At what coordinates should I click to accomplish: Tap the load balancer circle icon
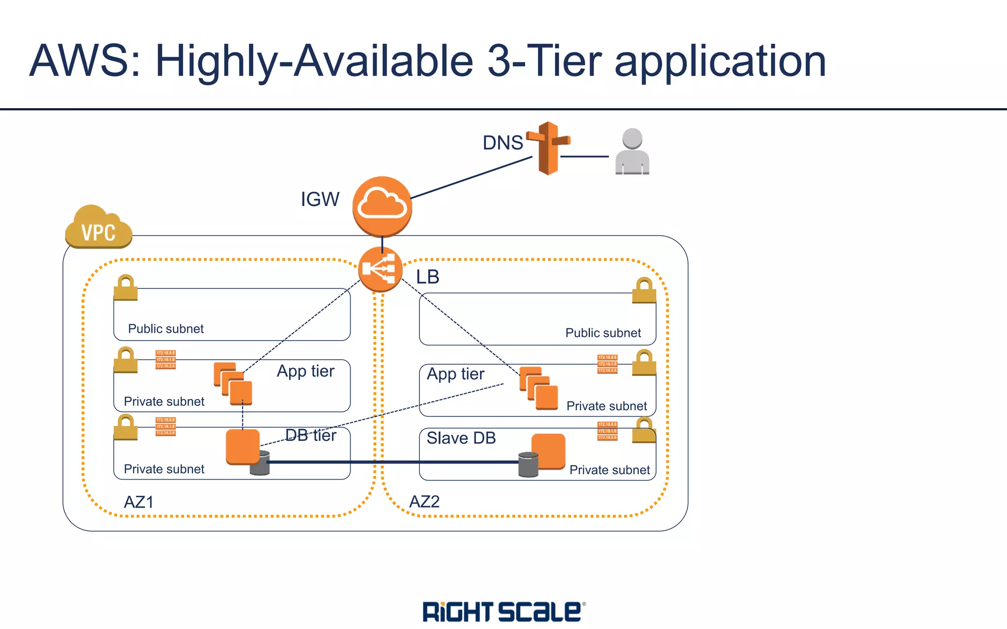tap(380, 269)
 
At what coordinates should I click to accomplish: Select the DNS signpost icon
tap(548, 147)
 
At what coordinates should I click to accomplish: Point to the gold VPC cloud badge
tap(98, 228)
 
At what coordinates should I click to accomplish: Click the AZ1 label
tap(139, 502)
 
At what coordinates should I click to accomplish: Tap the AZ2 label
tap(424, 502)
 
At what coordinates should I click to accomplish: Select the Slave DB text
tap(461, 438)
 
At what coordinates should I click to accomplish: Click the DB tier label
tap(311, 435)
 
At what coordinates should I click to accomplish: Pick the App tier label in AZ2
tap(455, 374)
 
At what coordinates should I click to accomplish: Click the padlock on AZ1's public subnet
tap(125, 287)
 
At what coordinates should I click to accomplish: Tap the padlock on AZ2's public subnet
tap(644, 290)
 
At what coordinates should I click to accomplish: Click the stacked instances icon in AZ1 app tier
tap(233, 383)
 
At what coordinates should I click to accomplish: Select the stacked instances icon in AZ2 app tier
tap(539, 388)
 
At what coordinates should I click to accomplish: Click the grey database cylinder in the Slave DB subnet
tap(528, 465)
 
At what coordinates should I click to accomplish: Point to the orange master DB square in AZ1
tap(242, 446)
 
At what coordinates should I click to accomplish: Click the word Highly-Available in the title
tap(314, 61)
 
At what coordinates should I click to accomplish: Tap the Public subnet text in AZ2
tap(603, 333)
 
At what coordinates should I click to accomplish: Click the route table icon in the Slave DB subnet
tap(607, 431)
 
